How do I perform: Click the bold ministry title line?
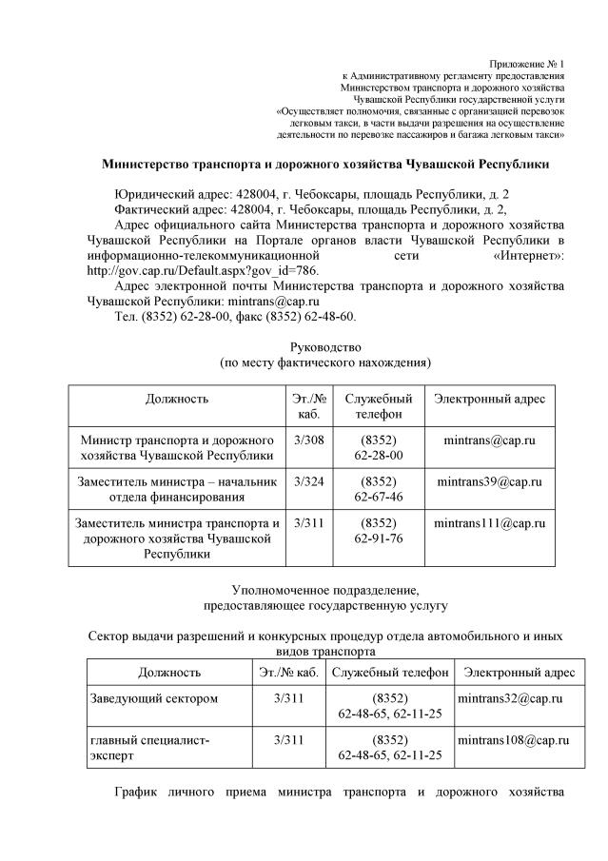pos(325,164)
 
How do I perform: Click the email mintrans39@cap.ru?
pos(489,481)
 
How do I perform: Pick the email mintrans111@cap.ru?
pos(489,523)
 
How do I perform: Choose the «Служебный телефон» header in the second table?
pos(389,673)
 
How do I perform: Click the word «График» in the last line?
pos(140,792)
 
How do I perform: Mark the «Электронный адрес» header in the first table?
pos(489,399)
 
